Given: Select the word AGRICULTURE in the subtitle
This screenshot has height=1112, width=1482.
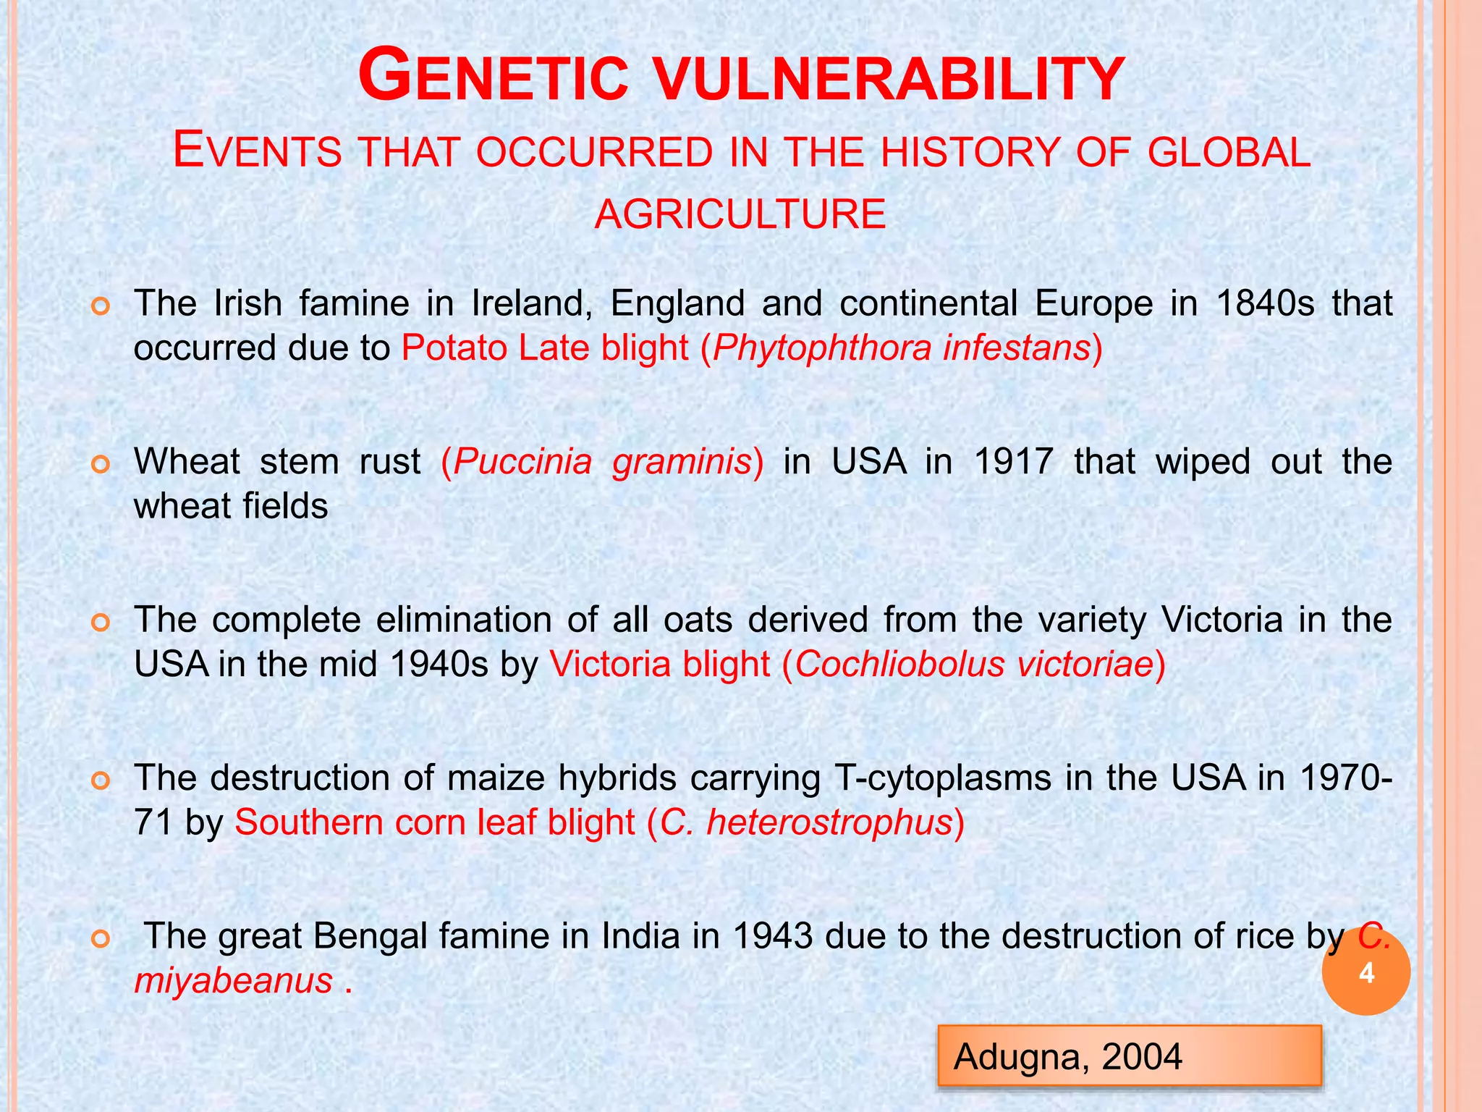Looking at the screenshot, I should pos(740,214).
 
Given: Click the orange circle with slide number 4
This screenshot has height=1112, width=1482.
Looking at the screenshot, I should pos(1365,972).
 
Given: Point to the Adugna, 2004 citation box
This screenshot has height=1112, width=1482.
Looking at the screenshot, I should pos(1129,1056).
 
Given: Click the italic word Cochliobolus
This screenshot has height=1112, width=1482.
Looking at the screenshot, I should pos(899,665).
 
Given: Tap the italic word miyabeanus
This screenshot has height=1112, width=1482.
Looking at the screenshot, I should pos(234,981).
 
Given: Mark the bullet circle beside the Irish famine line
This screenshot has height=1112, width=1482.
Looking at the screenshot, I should pos(101,306).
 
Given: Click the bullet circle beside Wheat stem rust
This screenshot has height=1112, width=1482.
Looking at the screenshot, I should pos(101,464).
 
